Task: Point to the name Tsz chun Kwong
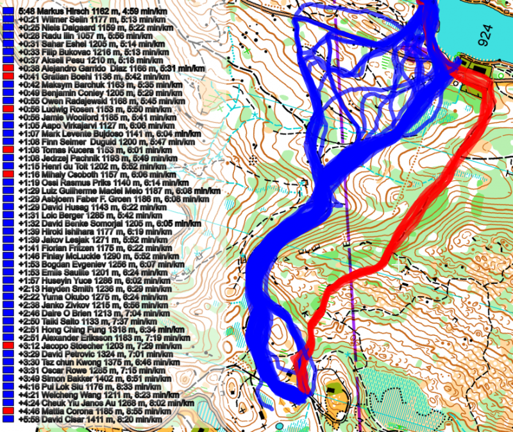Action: tap(64, 362)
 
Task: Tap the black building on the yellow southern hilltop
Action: tap(333, 388)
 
